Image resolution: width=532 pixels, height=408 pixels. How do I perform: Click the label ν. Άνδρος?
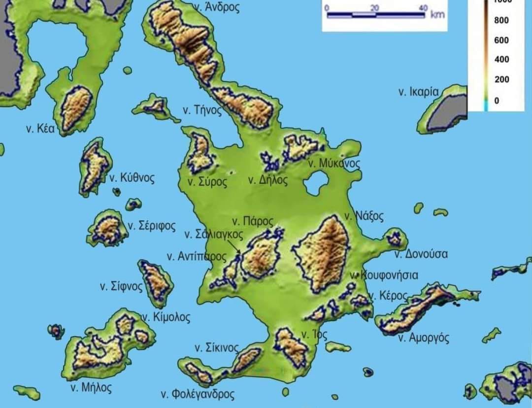pos(217,7)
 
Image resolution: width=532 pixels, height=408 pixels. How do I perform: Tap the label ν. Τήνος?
pos(202,110)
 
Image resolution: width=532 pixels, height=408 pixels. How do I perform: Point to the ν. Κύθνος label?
pos(132,178)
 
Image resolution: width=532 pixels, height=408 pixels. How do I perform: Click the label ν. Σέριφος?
pos(152,226)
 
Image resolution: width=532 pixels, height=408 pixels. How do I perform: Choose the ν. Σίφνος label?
pos(121,286)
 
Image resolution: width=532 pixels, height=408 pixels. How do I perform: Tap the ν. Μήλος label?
pos(91,387)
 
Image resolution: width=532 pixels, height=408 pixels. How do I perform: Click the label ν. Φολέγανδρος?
pos(198,394)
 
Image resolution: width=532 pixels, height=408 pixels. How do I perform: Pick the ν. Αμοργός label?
pos(424,338)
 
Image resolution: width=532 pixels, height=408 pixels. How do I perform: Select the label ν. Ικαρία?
pos(418,92)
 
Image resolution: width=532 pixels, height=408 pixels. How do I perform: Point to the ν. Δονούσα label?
pos(421,254)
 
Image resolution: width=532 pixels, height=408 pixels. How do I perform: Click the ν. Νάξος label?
pos(364,216)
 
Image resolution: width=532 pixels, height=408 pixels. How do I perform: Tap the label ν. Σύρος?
pos(207,182)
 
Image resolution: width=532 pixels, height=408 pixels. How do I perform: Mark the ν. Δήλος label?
pos(267,180)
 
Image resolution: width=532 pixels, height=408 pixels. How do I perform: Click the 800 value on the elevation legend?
pos(502,20)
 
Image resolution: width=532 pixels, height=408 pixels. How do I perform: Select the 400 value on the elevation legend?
pos(502,60)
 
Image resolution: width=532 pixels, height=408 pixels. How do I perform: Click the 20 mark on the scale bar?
pos(375,7)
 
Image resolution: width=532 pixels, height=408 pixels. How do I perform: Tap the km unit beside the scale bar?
pos(437,14)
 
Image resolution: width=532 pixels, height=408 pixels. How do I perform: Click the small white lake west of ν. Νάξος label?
pos(315,183)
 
